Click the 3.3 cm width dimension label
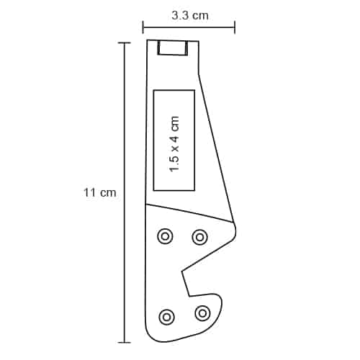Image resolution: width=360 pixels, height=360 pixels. tap(190, 16)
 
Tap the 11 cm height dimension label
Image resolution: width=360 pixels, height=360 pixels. tap(99, 192)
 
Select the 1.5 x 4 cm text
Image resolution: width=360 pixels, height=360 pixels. tap(174, 144)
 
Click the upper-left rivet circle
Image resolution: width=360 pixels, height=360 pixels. tap(165, 236)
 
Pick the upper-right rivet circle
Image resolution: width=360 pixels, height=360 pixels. tap(199, 238)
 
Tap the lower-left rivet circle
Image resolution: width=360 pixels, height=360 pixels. tap(166, 317)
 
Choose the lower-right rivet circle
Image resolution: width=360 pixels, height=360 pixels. tap(203, 313)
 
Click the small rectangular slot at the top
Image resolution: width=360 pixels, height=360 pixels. tap(172, 54)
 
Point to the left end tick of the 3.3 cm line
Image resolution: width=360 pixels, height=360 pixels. tap(143, 27)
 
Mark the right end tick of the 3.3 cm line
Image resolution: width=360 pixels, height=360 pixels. tap(235, 27)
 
